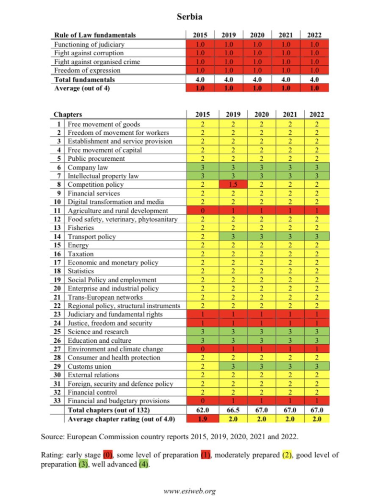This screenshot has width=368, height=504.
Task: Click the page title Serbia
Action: (x=189, y=16)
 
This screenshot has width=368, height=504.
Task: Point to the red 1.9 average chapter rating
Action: (x=200, y=418)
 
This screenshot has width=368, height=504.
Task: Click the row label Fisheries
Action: (x=81, y=228)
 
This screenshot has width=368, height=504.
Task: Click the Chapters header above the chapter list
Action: (x=68, y=115)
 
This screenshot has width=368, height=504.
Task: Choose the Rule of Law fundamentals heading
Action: (x=95, y=35)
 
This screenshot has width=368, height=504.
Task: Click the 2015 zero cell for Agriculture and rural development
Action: (x=200, y=210)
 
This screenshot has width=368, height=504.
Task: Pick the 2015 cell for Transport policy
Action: (x=200, y=236)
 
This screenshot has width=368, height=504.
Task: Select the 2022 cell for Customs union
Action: (x=315, y=366)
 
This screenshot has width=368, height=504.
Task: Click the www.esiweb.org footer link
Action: (x=190, y=491)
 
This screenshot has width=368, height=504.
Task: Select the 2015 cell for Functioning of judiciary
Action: (x=200, y=45)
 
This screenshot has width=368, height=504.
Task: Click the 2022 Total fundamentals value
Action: (x=315, y=80)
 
